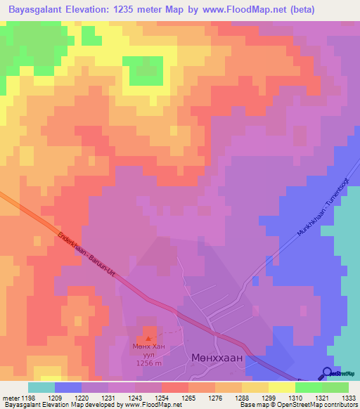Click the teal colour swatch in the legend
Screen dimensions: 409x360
41,387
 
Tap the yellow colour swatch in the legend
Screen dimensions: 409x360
255,387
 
